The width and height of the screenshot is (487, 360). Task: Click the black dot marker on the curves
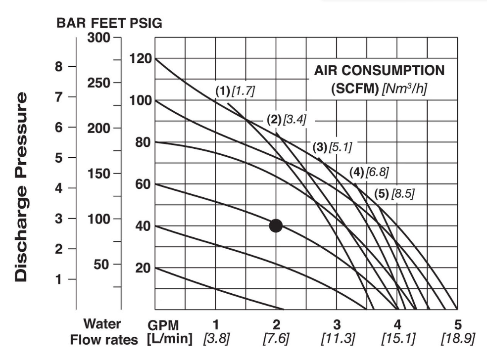pos(276,225)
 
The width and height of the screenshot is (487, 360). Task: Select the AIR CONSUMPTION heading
pos(379,70)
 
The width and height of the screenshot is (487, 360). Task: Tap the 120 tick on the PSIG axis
pos(140,58)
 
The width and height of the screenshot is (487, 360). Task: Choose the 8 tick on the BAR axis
pos(59,66)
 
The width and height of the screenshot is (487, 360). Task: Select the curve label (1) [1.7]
pos(235,91)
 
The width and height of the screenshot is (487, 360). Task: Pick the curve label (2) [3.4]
pos(287,119)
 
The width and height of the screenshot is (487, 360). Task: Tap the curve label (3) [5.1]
pos(332,147)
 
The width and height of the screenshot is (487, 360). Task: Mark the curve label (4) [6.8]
pos(369,173)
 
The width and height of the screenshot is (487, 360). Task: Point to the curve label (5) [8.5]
pos(394,194)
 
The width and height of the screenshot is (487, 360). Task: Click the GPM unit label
pos(164,325)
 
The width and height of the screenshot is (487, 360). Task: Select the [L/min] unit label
pos(169,340)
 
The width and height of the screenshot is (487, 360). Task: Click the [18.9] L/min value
pos(457,340)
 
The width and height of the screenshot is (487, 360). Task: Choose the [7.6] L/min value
pos(276,340)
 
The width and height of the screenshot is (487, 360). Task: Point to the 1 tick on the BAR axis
pos(59,279)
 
